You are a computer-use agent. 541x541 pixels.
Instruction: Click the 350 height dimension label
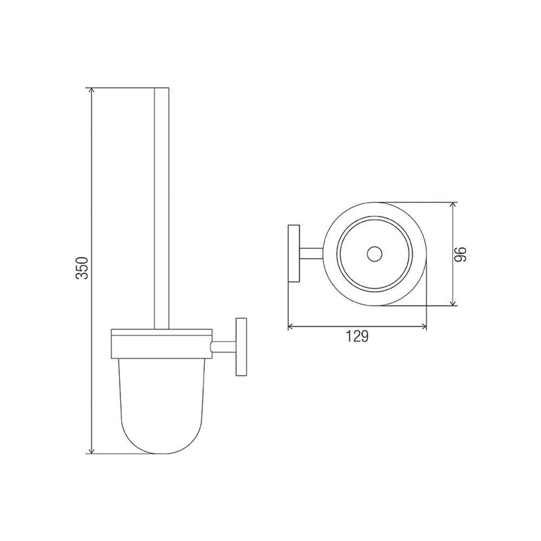83,268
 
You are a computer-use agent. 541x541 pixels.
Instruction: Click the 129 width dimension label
357,336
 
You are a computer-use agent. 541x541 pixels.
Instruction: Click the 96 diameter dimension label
460,254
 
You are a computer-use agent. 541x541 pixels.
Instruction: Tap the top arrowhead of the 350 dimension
91,91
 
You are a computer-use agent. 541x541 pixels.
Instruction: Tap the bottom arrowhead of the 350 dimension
91,450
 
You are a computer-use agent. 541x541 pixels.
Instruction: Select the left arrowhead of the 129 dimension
291,326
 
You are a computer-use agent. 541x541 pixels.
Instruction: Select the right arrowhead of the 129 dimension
424,326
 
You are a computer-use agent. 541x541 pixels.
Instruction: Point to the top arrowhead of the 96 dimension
453,205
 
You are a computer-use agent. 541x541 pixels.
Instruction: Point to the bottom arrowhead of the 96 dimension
453,302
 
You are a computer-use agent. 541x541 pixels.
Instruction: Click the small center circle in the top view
375,254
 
